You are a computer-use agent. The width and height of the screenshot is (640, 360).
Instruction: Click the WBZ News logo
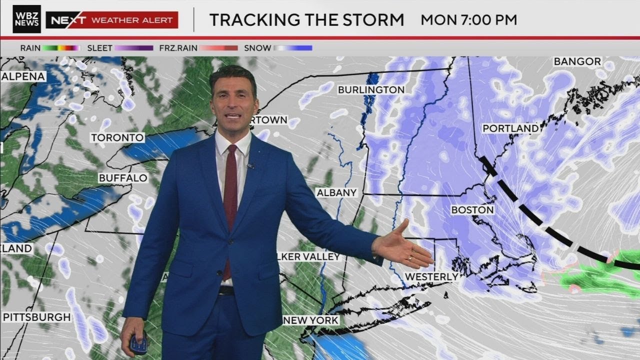coord(26,19)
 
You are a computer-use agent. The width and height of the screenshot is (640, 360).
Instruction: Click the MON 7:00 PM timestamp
coord(468,20)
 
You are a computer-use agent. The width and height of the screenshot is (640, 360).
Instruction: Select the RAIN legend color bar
coord(61,48)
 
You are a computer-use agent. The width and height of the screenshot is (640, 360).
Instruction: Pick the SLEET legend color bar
coord(133,48)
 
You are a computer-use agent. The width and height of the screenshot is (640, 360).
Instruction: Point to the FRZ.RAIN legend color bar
coord(218,48)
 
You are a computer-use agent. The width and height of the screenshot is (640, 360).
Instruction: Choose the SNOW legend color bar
coord(292,48)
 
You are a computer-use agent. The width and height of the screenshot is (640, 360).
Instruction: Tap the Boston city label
coord(472,210)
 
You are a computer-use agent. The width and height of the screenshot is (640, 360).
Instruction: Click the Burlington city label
coord(371,90)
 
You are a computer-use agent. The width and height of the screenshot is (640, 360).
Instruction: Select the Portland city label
coord(510,128)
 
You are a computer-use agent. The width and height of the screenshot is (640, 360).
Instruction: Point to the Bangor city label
coord(577,61)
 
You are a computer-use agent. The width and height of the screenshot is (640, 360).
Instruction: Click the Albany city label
coord(337,192)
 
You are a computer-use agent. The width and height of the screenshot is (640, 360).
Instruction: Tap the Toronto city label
coord(117,137)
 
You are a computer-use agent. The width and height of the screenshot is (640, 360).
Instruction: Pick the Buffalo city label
coord(123,178)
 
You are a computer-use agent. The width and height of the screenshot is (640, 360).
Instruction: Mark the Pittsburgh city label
coord(36,317)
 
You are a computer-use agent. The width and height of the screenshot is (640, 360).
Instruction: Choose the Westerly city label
coord(431,276)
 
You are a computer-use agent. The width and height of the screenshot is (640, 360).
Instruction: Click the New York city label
coord(310,320)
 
